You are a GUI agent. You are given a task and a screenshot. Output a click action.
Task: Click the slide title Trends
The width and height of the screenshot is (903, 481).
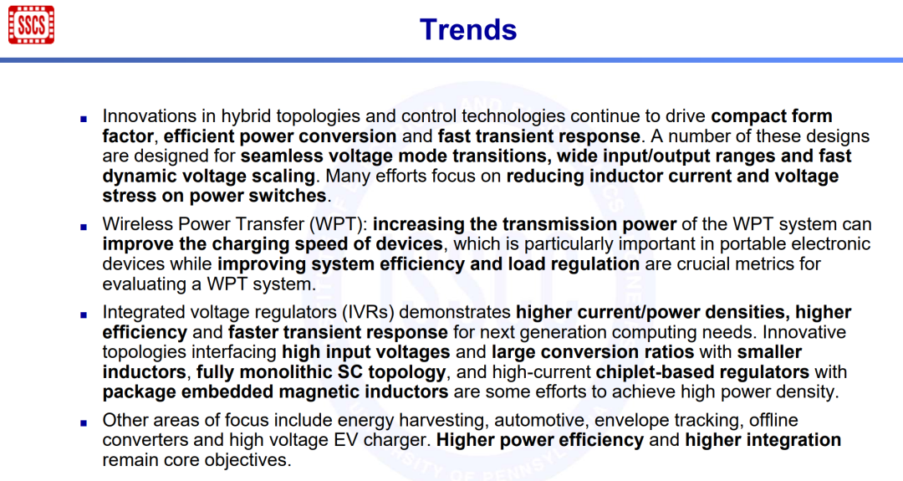tap(467, 29)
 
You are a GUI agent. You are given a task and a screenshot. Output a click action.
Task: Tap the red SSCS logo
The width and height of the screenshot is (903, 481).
tap(31, 25)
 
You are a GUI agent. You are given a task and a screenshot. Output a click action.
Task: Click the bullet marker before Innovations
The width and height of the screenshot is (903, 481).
tap(84, 119)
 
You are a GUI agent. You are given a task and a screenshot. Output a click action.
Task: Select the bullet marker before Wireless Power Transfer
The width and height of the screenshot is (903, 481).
tap(84, 227)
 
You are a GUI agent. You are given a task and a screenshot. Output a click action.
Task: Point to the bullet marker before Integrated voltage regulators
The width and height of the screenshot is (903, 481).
tap(84, 315)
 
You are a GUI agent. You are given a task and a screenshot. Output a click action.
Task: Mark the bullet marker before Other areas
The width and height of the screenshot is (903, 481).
tap(84, 422)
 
